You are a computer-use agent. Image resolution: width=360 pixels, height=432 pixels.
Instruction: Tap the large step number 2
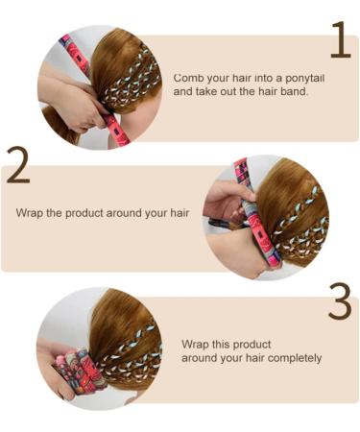pyautogui.click(x=18, y=165)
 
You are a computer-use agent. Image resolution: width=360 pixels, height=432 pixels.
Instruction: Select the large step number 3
pyautogui.click(x=340, y=301)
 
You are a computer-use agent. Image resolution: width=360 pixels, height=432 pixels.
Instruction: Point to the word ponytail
pyautogui.click(x=301, y=77)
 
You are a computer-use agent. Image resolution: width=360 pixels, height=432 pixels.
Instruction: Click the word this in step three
pyautogui.click(x=228, y=344)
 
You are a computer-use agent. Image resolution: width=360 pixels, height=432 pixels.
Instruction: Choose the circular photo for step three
pyautogui.click(x=92, y=345)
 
